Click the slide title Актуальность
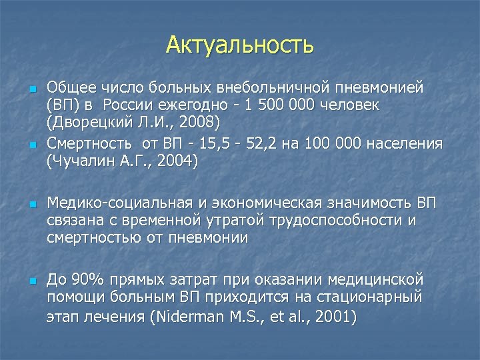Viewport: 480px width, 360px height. [240, 45]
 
